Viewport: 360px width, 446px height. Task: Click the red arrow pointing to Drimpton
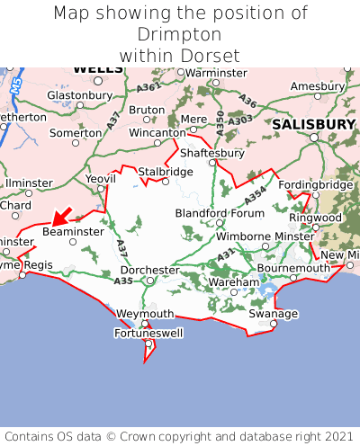pyautogui.click(x=60, y=217)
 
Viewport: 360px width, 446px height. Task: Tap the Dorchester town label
pyautogui.click(x=151, y=270)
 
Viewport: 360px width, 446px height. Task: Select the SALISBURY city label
pyautogui.click(x=314, y=124)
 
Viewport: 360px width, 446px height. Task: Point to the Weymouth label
pyautogui.click(x=145, y=313)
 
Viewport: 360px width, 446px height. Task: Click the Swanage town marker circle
pyautogui.click(x=274, y=324)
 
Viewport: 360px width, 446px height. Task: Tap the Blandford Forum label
pyautogui.click(x=220, y=213)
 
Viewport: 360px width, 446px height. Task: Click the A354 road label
pyautogui.click(x=256, y=194)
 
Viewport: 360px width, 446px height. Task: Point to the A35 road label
pyautogui.click(x=123, y=281)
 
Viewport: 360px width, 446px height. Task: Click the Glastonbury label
pyautogui.click(x=78, y=94)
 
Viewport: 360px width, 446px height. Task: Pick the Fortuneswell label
pyautogui.click(x=148, y=334)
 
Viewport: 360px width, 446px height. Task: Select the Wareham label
pyautogui.click(x=233, y=282)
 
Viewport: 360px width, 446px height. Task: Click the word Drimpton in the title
pyautogui.click(x=180, y=34)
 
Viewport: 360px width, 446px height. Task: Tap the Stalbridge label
pyautogui.click(x=165, y=171)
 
